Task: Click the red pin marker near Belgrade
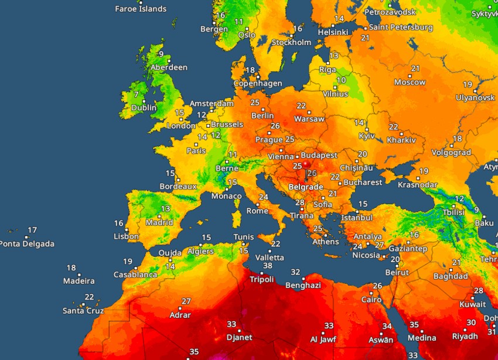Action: [305, 166]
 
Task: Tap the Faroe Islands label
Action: [141, 9]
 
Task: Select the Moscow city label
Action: [410, 83]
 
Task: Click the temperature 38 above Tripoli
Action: [268, 266]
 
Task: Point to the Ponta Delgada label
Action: [27, 244]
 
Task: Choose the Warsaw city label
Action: [309, 119]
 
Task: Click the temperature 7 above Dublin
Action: [136, 94]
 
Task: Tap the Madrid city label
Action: [159, 222]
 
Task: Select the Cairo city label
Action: [372, 299]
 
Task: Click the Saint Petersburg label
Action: [401, 28]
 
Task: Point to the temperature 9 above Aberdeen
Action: [161, 54]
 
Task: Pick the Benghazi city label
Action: [303, 285]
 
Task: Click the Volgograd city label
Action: [451, 152]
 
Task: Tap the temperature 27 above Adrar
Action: [186, 301]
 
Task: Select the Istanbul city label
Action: [357, 217]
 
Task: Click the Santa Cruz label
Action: [83, 311]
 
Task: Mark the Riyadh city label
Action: [465, 337]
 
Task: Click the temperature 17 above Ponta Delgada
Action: [33, 230]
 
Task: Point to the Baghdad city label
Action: [451, 276]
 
